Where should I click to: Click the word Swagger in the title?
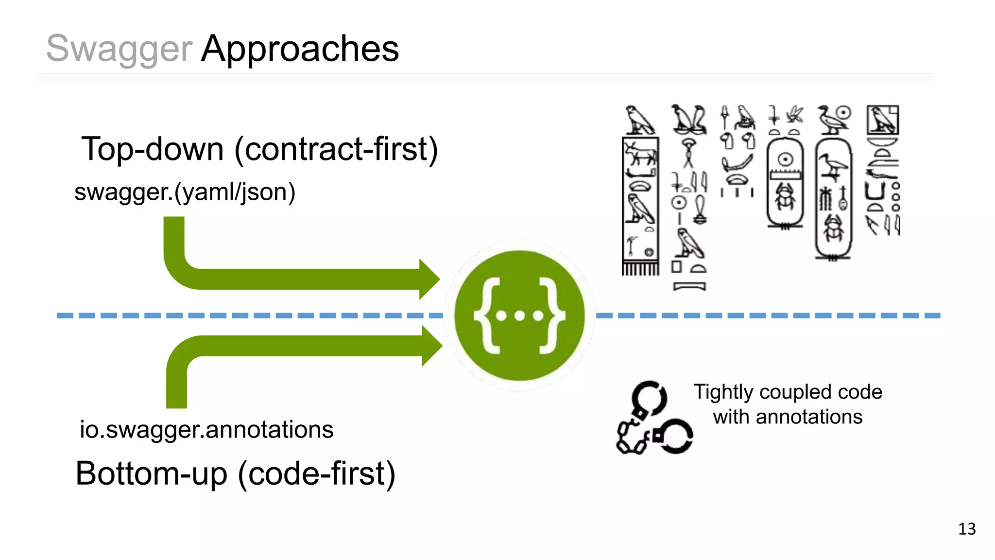(119, 49)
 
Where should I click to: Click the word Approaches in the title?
(300, 49)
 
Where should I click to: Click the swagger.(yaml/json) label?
(185, 192)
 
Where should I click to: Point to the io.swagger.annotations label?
(206, 430)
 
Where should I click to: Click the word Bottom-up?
(151, 473)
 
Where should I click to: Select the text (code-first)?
(316, 473)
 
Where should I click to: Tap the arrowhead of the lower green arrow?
(431, 346)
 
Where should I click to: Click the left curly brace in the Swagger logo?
(487, 315)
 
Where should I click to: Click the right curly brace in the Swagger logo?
(553, 315)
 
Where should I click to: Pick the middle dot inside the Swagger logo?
(520, 316)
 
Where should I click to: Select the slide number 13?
(967, 529)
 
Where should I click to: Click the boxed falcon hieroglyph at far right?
(883, 120)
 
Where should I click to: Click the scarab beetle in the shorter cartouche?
(785, 197)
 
